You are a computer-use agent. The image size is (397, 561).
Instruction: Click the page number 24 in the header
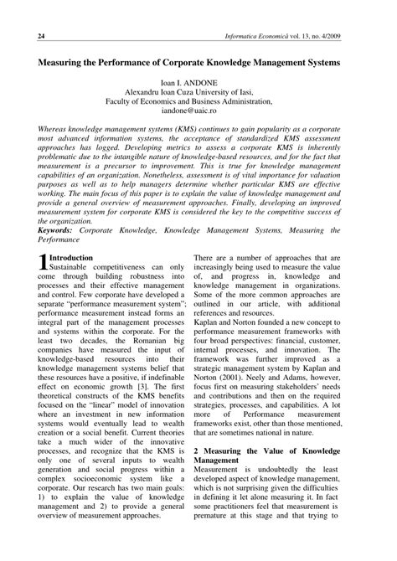click(40, 38)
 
